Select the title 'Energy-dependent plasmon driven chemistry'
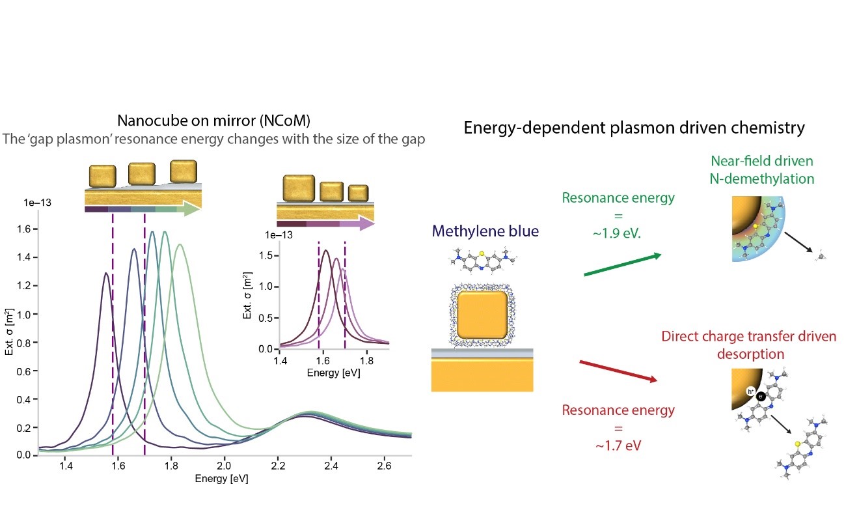tap(634, 128)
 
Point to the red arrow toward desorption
tap(618, 371)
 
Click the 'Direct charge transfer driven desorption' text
tap(748, 345)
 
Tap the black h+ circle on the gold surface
tap(752, 393)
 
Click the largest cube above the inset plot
tap(298, 187)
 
